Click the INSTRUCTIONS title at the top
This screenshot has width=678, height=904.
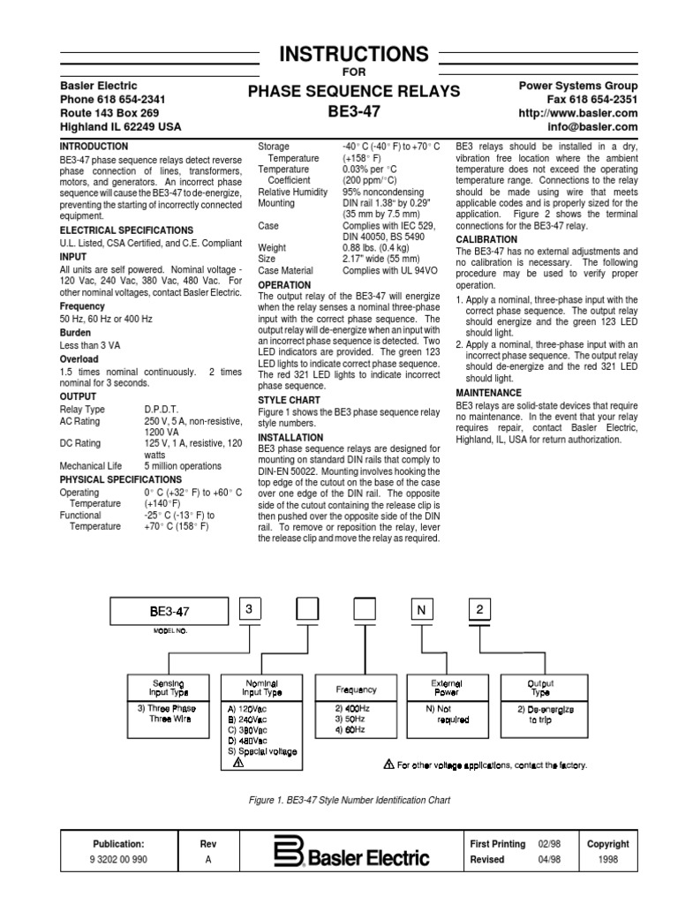pos(353,54)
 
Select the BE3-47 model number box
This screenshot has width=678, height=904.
pos(169,611)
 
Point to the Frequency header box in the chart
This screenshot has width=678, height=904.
pos(357,689)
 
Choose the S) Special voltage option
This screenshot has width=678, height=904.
pos(262,751)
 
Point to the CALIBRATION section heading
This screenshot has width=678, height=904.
pos(486,239)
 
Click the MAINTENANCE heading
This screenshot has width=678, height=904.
pos(488,392)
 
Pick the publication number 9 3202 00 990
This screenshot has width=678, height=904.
pos(117,859)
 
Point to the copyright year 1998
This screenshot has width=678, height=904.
pos(608,859)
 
